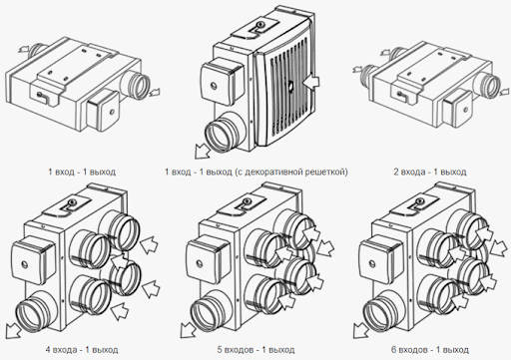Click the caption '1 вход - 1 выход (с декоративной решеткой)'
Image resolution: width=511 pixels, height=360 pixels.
click(x=256, y=172)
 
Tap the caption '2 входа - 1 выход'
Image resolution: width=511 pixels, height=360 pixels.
click(x=430, y=172)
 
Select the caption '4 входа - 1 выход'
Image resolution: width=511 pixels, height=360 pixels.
click(x=82, y=350)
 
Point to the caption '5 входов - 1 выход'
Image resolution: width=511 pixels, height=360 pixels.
click(x=255, y=350)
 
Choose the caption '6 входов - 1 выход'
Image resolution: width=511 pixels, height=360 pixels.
click(x=430, y=350)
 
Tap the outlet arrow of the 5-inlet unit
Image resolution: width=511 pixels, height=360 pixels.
click(x=188, y=331)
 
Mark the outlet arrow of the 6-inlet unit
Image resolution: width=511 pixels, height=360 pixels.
click(x=360, y=331)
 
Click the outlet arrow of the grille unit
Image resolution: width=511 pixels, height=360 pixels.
click(x=202, y=152)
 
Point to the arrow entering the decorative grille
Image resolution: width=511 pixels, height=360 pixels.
click(x=311, y=82)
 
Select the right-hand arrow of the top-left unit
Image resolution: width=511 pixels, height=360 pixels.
click(x=154, y=92)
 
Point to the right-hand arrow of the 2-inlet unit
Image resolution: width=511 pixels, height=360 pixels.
click(x=504, y=92)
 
